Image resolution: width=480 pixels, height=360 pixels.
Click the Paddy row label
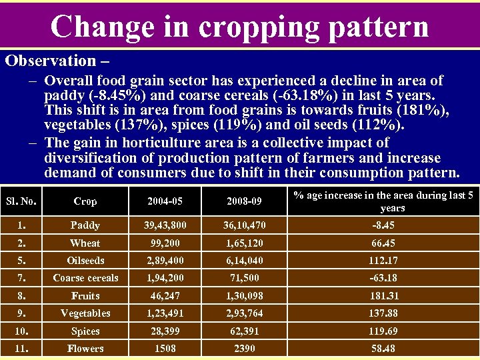(x=85, y=226)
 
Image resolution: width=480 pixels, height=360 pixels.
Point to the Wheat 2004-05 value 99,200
(x=165, y=243)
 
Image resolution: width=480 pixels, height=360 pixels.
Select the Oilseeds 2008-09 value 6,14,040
(x=243, y=261)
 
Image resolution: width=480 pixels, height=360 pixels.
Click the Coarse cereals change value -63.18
(x=383, y=278)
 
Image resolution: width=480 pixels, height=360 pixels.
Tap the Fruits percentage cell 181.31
(x=383, y=296)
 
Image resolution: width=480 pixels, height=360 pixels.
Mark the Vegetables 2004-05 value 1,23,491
(x=165, y=313)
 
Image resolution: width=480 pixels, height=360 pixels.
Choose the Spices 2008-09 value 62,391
(x=243, y=331)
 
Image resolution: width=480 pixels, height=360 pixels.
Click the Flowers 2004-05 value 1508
(x=165, y=349)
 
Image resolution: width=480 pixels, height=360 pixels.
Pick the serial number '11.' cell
(x=21, y=349)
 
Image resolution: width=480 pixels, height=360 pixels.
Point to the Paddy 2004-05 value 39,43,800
(x=165, y=226)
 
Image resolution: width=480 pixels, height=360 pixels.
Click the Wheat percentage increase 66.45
(x=383, y=243)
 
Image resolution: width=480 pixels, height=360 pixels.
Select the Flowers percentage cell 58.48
(x=383, y=349)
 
